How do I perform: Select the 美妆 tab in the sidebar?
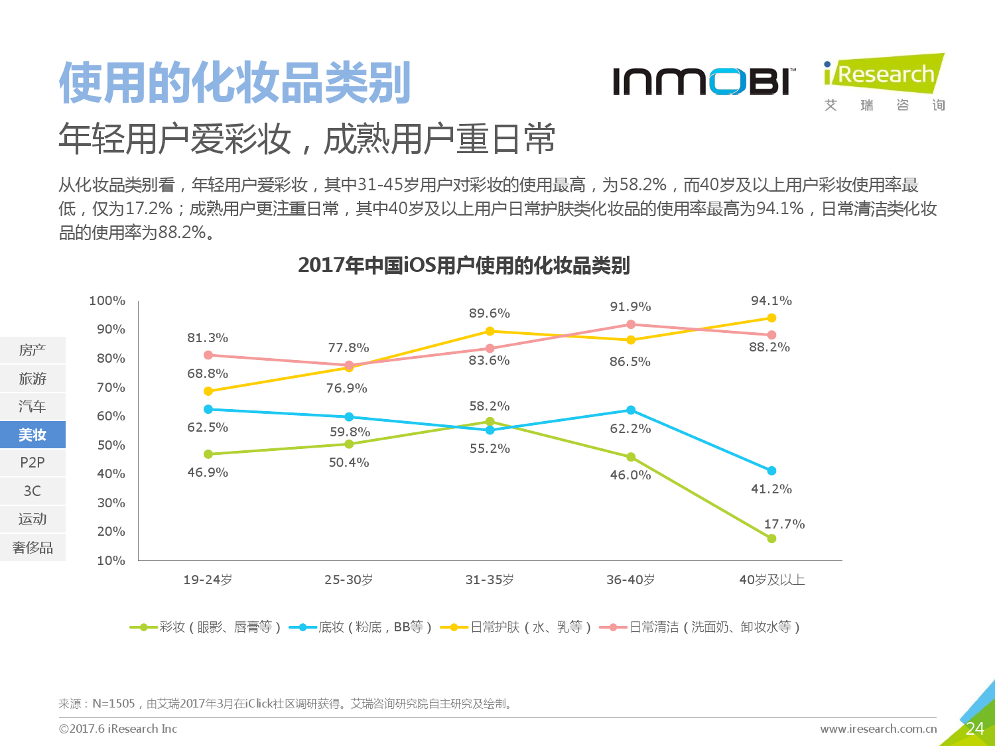point(33,435)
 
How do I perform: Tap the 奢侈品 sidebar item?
point(33,548)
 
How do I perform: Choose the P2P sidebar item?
point(33,463)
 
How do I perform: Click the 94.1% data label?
point(771,301)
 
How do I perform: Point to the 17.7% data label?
point(784,525)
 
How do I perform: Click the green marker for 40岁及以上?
point(771,538)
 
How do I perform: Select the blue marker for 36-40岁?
point(631,410)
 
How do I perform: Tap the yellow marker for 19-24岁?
point(208,391)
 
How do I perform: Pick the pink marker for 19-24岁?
point(208,355)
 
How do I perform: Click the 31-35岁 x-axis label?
point(490,580)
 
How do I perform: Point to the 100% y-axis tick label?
point(107,301)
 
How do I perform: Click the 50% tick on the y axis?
point(111,446)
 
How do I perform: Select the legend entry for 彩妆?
point(206,627)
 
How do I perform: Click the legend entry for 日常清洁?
point(700,627)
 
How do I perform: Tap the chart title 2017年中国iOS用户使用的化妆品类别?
point(464,265)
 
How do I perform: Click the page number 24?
point(974,729)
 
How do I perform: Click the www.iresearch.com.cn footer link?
point(878,729)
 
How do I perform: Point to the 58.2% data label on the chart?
point(490,406)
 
